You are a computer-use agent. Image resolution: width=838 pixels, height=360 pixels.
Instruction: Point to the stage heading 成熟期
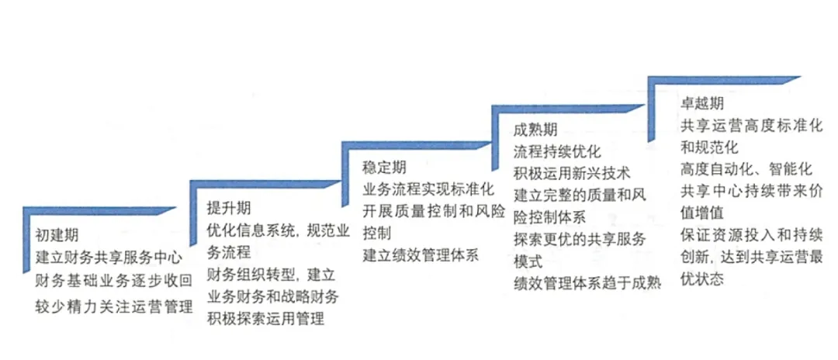536,130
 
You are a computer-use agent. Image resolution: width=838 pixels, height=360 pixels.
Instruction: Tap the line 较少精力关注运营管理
113,306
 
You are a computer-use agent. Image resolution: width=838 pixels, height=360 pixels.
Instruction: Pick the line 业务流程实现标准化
428,189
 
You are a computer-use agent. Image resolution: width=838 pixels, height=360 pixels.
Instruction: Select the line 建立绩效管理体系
420,254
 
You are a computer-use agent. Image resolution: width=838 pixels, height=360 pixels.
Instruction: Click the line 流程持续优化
556,151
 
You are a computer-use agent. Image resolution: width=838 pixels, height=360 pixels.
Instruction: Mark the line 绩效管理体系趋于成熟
587,285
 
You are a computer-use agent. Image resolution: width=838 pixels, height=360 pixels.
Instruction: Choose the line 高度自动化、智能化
746,168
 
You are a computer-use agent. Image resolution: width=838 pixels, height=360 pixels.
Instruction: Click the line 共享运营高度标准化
751,125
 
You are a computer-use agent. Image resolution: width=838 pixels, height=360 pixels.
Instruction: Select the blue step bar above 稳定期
419,145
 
